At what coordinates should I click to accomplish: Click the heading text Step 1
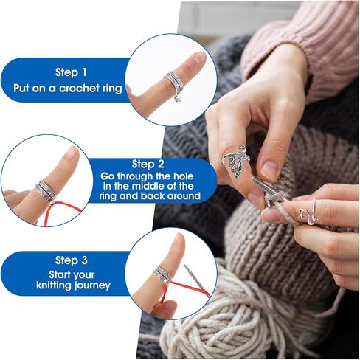coord(71,72)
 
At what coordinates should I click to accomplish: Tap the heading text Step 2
coord(148,164)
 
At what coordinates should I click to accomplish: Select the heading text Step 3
coord(72,260)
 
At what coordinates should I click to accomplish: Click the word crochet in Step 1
coord(79,89)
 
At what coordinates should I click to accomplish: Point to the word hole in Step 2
coord(183,176)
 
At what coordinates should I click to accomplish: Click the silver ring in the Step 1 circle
coord(175,83)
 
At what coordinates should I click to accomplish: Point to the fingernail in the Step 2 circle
coord(72,153)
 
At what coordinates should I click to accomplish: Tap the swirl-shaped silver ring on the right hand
coord(308,213)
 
